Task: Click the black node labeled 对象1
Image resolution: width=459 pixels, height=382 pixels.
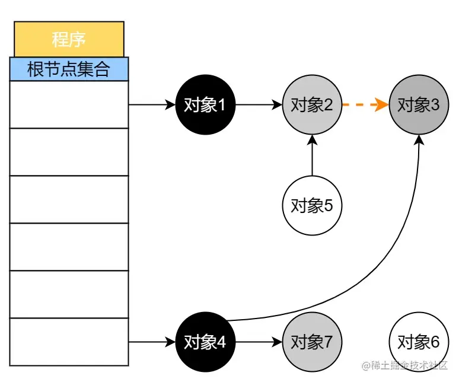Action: pyautogui.click(x=205, y=105)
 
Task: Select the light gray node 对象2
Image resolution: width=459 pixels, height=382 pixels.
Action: pyautogui.click(x=312, y=105)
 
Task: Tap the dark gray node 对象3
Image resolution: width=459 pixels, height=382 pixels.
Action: pyautogui.click(x=419, y=105)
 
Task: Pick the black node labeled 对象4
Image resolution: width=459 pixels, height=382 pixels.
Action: pyautogui.click(x=205, y=342)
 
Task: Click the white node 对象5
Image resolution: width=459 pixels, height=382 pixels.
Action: pyautogui.click(x=312, y=206)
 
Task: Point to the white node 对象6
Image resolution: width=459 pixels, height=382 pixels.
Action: pyautogui.click(x=419, y=342)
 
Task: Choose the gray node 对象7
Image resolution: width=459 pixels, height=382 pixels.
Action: pyautogui.click(x=312, y=342)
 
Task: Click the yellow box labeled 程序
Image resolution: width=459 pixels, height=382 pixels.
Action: pyautogui.click(x=69, y=39)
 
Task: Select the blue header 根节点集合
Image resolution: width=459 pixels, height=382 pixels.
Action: pyautogui.click(x=69, y=69)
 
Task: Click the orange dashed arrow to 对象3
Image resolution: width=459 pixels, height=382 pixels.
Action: pyautogui.click(x=365, y=105)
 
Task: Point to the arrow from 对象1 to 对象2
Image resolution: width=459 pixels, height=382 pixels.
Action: pyautogui.click(x=259, y=105)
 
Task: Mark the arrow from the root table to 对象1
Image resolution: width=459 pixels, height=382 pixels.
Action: pyautogui.click(x=152, y=105)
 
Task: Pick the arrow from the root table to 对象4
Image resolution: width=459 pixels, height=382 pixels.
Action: pyautogui.click(x=152, y=342)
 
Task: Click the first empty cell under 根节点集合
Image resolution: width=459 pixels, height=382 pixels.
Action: pyautogui.click(x=69, y=104)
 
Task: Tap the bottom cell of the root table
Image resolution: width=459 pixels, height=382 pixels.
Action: pyautogui.click(x=69, y=342)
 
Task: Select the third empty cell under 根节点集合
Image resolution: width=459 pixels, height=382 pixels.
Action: pyautogui.click(x=69, y=199)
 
